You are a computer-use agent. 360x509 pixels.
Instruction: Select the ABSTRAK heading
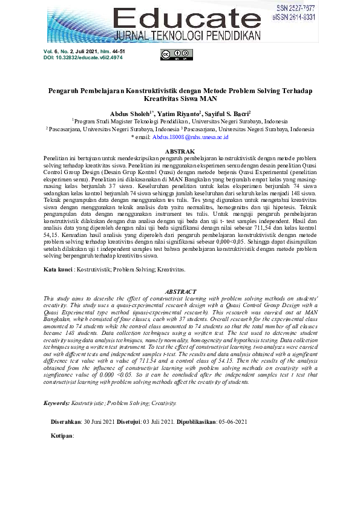(x=180, y=151)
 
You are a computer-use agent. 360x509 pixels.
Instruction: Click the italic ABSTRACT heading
(x=180, y=291)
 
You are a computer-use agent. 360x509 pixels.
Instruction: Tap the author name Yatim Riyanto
(x=168, y=113)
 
